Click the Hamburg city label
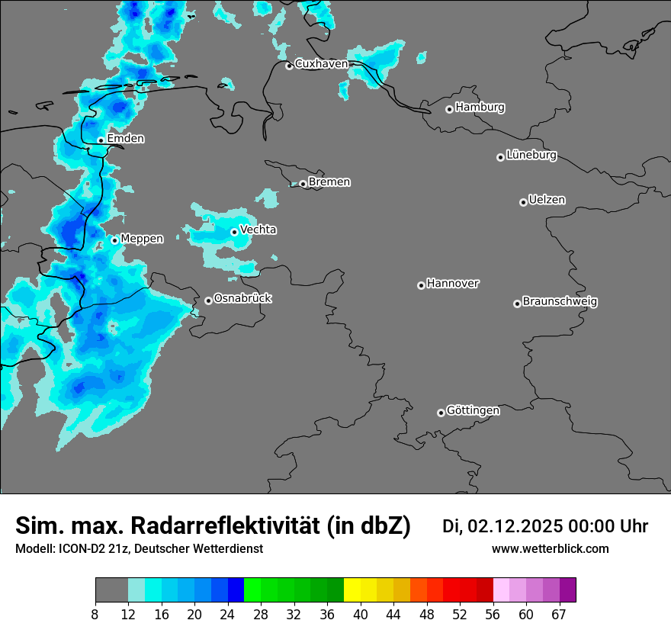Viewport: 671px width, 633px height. coord(480,108)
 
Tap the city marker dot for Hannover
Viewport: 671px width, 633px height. coord(421,285)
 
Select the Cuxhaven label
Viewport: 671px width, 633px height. coord(321,64)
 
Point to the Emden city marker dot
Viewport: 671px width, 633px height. coord(101,140)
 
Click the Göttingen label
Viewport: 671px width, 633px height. coord(473,410)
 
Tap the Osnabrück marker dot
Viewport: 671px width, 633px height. coord(208,300)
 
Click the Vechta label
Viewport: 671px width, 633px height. coord(258,230)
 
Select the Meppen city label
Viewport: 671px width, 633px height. coord(142,239)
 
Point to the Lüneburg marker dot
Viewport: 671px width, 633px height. coord(500,157)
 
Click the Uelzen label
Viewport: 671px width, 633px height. coord(547,200)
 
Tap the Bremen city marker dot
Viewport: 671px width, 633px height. coord(303,184)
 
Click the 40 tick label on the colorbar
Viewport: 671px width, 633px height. coord(361,615)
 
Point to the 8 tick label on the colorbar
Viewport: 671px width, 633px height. coord(95,615)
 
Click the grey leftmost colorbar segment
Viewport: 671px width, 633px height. coord(111,590)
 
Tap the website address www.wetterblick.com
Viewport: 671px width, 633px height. coord(550,549)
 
